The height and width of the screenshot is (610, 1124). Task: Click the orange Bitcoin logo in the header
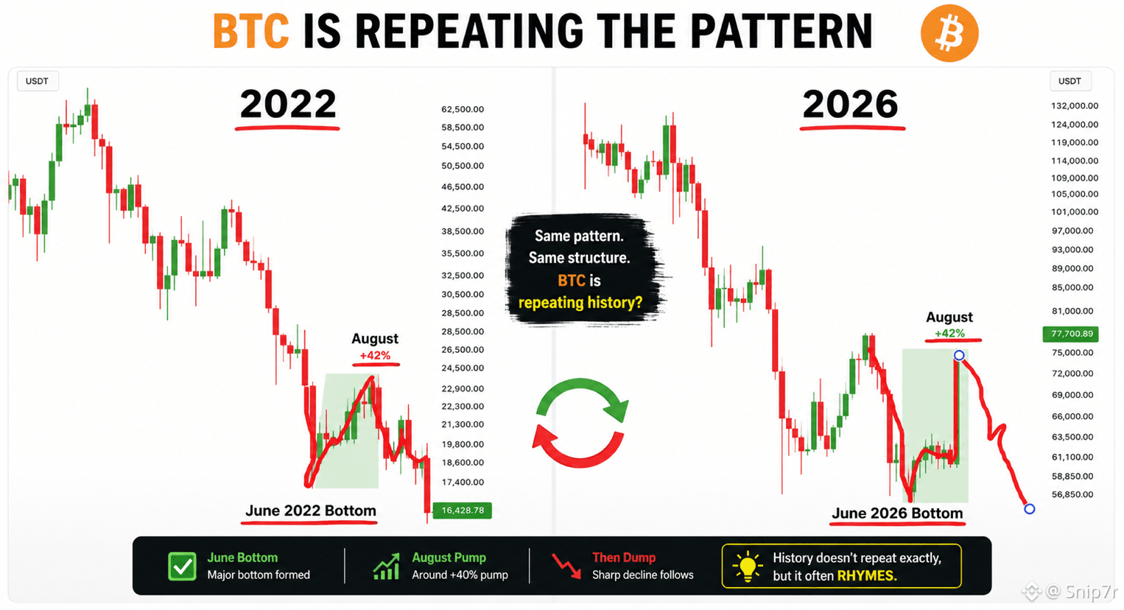[x=949, y=32]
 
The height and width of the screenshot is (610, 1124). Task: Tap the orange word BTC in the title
[x=251, y=31]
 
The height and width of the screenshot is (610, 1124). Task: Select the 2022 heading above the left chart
[x=288, y=104]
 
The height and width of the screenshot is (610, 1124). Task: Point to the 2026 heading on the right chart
[x=851, y=104]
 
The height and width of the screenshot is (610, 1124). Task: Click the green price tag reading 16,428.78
[x=462, y=510]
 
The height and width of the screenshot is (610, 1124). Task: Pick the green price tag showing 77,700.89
[x=1070, y=334]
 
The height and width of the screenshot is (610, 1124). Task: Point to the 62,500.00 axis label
[x=463, y=109]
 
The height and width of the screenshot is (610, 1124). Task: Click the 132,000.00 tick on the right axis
[x=1075, y=105]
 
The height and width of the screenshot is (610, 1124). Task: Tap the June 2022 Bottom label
[x=311, y=511]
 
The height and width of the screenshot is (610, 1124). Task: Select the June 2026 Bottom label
[x=897, y=513]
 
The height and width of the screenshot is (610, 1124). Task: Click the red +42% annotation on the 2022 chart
[x=375, y=355]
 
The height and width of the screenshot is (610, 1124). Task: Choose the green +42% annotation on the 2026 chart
[x=949, y=334]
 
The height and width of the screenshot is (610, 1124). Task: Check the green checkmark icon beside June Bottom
[x=182, y=567]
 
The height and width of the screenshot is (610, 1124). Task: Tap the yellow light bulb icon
[x=748, y=567]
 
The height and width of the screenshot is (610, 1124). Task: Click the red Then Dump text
[x=624, y=557]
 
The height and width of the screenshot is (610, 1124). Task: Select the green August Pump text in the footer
[x=449, y=557]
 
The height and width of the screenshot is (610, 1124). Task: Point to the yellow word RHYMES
[x=867, y=575]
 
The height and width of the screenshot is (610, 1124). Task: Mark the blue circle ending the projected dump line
[x=1029, y=508]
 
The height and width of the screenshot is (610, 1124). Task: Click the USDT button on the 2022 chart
[x=38, y=81]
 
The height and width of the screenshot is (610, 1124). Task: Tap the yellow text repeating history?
[x=580, y=303]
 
